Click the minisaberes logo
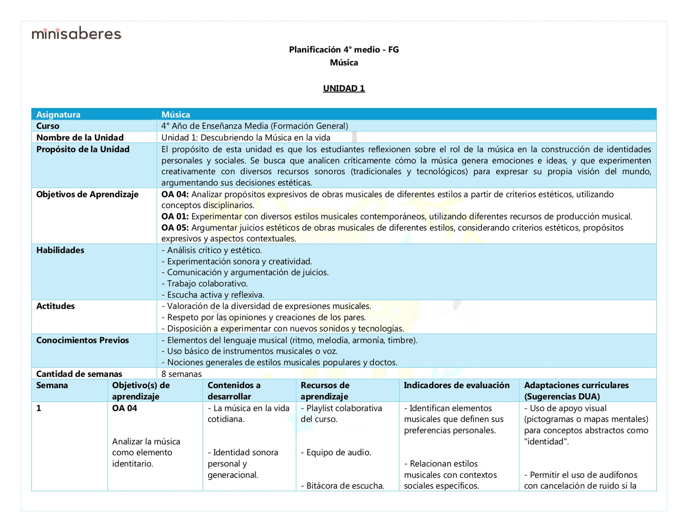76,33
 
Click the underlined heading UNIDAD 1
344,89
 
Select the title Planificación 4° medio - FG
344,50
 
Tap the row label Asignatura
58,115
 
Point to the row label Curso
48,126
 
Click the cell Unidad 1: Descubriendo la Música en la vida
246,138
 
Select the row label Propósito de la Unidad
83,150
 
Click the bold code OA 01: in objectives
175,217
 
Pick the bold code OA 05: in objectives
175,228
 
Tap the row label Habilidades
60,251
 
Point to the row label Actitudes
55,306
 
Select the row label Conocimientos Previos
82,341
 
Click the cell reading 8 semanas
181,374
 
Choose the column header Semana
52,386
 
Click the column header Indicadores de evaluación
457,386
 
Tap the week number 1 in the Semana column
39,409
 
